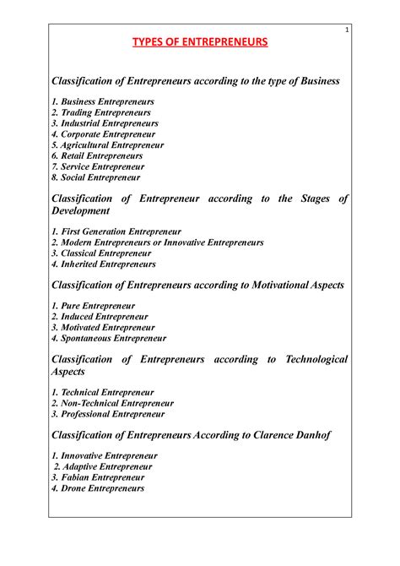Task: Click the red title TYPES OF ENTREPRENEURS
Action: [x=199, y=41]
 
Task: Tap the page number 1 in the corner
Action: [x=346, y=30]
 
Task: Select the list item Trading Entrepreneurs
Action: [x=101, y=112]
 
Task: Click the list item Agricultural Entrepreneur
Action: [x=107, y=145]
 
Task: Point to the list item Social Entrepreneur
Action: [x=96, y=178]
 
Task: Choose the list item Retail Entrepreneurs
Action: [x=97, y=156]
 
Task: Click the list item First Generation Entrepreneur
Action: [x=116, y=231]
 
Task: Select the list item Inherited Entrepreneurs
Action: [x=103, y=264]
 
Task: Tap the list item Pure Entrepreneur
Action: [x=94, y=305]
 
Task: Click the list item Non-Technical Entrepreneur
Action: [x=112, y=404]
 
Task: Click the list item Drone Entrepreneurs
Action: [x=98, y=488]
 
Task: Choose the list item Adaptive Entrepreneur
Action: [x=103, y=466]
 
